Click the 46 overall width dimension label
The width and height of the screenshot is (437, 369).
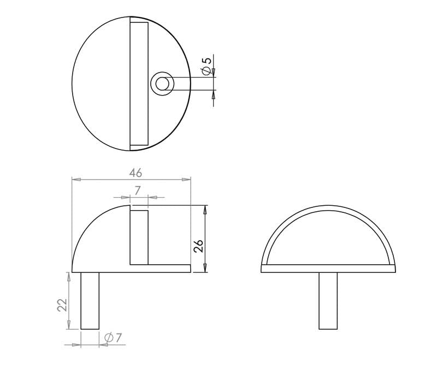click(135, 172)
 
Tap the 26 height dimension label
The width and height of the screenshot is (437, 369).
click(199, 246)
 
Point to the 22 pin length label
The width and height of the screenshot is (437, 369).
click(62, 304)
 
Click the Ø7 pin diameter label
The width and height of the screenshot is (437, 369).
click(112, 338)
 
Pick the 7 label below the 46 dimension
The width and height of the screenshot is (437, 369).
click(138, 191)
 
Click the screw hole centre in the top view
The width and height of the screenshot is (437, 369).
click(162, 84)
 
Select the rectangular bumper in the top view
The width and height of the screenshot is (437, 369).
click(139, 84)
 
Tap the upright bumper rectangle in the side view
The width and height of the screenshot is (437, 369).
click(139, 237)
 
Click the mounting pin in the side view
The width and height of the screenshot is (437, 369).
click(90, 300)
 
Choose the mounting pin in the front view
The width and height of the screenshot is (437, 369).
click(328, 300)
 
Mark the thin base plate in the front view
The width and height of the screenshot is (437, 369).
click(328, 269)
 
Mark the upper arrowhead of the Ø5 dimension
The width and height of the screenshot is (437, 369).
click(214, 72)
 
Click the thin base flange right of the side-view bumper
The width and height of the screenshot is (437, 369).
click(169, 269)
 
